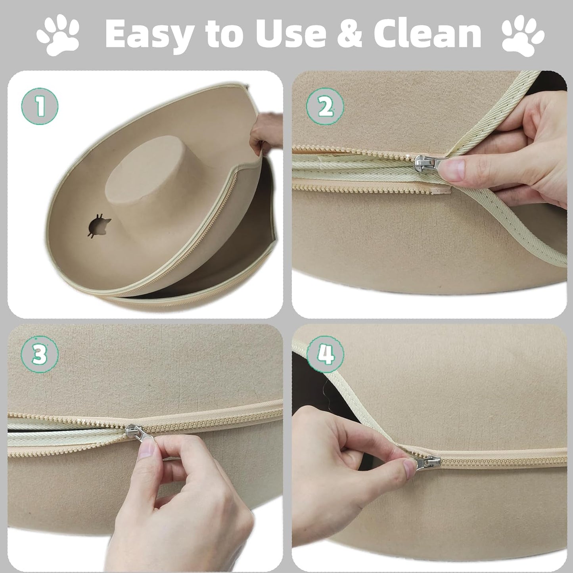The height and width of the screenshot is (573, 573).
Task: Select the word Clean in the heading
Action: point(427,34)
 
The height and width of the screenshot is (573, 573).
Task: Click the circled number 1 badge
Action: point(40,106)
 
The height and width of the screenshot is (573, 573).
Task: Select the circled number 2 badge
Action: point(325,106)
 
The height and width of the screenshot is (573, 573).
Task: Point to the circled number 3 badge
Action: point(40,355)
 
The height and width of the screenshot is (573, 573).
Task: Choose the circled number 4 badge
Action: point(325,355)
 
